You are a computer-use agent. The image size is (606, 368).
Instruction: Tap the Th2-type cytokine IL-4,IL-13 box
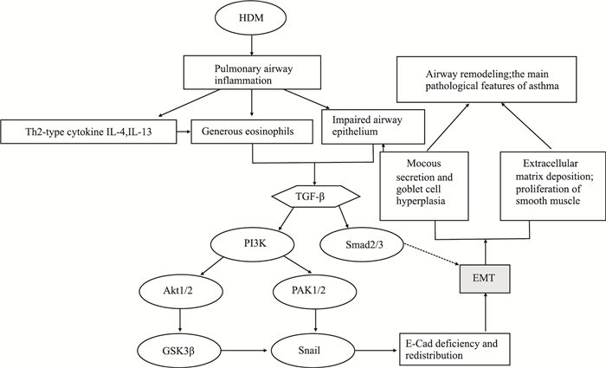(89, 134)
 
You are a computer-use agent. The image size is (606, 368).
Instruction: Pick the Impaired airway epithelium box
(372, 128)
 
